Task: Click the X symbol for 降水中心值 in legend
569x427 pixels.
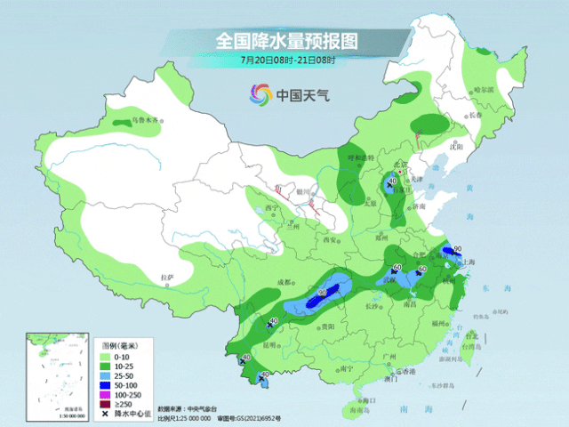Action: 104,414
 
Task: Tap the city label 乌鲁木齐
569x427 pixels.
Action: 143,120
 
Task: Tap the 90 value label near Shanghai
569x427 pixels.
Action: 457,249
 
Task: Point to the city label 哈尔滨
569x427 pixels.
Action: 483,90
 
